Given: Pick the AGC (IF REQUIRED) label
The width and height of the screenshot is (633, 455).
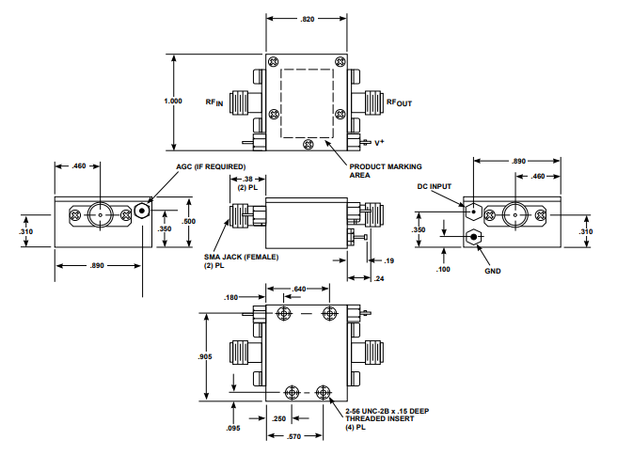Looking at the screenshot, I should (x=211, y=166).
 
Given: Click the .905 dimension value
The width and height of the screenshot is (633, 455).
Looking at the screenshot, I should (x=205, y=357).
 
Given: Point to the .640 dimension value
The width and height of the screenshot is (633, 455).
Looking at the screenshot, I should (x=300, y=289).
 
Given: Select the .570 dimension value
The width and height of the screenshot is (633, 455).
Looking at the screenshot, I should (x=293, y=436).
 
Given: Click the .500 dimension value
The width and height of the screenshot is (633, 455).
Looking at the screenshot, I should (x=190, y=221).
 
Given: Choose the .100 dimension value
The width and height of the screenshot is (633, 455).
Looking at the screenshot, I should (x=444, y=270).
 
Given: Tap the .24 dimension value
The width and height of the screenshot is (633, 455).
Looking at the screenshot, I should (x=380, y=278).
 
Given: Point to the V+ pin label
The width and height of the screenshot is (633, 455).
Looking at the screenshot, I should (x=380, y=142).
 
